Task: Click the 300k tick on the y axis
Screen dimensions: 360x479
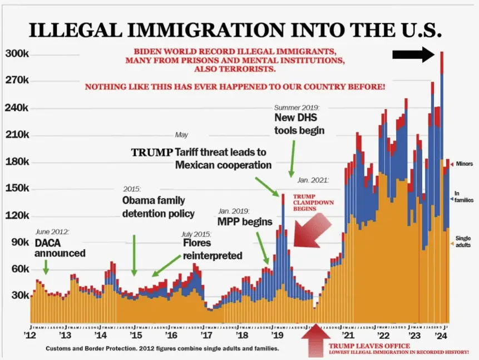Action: click(17, 54)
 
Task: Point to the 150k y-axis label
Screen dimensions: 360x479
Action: click(17, 188)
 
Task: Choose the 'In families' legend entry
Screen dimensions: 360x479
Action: click(461, 197)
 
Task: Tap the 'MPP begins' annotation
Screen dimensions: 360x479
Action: click(245, 221)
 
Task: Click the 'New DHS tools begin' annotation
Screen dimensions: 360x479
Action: click(299, 124)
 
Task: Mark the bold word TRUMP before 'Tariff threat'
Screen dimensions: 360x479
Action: click(151, 152)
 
